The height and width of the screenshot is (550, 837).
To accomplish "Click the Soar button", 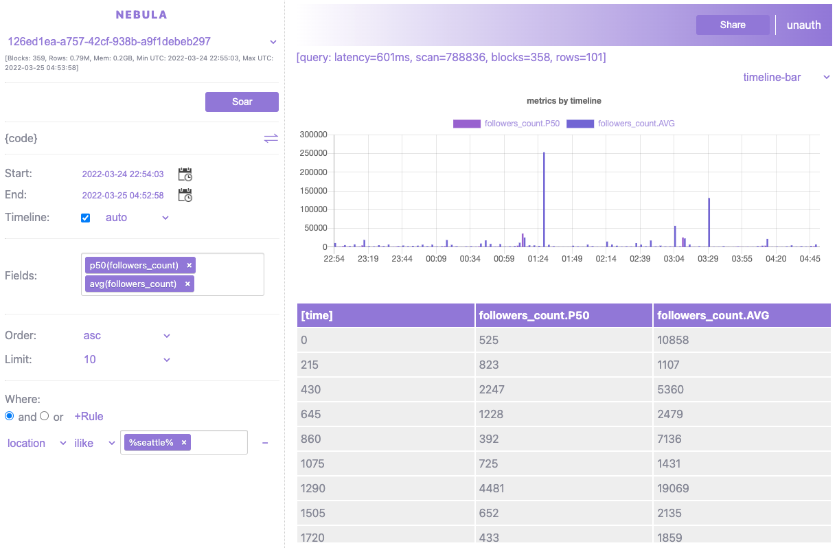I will tap(242, 102).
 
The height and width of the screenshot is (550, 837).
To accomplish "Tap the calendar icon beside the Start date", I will tap(185, 174).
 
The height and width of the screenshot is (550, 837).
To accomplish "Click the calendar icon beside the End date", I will tap(185, 195).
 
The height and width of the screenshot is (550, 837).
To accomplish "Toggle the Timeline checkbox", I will tap(86, 218).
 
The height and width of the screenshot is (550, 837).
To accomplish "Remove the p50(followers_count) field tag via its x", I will tap(190, 265).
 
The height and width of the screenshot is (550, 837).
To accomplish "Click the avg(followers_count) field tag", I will tap(133, 284).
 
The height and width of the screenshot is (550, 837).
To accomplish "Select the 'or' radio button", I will tap(45, 416).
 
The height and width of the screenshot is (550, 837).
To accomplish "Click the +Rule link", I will tap(89, 417).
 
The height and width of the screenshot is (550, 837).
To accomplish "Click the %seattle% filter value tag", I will tap(151, 443).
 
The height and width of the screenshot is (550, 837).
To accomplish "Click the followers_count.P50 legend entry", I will tap(507, 124).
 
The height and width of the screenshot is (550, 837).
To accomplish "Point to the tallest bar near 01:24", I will tap(544, 199).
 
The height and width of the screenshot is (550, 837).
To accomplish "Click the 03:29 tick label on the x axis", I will tap(708, 259).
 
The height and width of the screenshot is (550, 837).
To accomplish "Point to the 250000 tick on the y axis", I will tap(313, 153).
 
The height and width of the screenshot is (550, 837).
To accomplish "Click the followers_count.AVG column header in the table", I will tap(713, 316).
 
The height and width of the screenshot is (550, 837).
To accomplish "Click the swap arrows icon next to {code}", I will tap(271, 138).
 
